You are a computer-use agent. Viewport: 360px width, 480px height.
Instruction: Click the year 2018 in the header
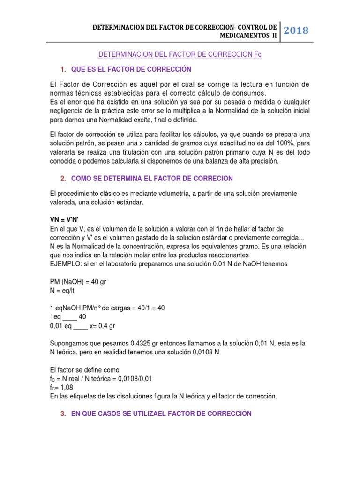coord(296,31)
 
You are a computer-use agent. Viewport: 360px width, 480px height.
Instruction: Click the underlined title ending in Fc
coord(180,55)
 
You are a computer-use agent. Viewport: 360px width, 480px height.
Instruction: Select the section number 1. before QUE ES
coord(63,69)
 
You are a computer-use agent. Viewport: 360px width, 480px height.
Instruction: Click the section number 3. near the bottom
coord(63,413)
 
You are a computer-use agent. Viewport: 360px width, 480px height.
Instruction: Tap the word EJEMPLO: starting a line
coord(67,264)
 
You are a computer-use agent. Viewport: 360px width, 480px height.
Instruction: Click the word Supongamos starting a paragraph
coord(70,343)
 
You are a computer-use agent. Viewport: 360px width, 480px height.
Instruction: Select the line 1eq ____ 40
coord(67,316)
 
